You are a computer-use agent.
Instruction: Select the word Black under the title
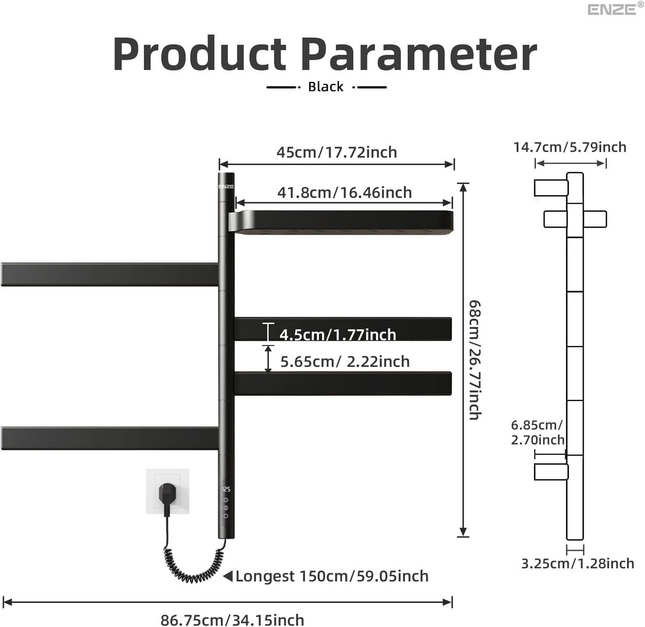326,87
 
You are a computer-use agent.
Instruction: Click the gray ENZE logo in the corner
612,9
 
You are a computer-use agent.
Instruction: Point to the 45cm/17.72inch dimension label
337,152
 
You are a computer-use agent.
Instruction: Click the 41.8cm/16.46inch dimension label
344,193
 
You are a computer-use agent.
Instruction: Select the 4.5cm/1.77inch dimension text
337,335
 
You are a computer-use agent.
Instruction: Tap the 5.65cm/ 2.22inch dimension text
345,362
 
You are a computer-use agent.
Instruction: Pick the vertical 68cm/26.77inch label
475,360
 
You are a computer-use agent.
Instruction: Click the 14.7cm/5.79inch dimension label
570,147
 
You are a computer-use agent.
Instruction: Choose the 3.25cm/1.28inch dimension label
578,564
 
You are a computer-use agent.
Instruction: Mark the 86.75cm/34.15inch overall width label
232,620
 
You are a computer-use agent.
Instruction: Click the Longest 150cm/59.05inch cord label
332,576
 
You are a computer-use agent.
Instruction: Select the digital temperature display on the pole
226,489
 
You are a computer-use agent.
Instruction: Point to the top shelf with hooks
342,222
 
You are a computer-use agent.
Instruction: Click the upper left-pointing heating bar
110,275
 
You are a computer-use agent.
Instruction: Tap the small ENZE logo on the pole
226,187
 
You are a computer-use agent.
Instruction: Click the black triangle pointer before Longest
228,576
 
